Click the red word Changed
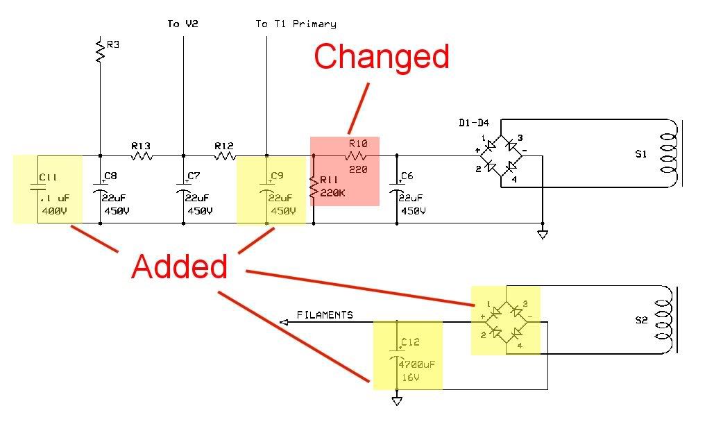coord(381,57)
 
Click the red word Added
coord(179,266)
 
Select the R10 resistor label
coord(357,144)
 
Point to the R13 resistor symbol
coord(142,156)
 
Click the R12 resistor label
coord(223,146)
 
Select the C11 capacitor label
coord(48,178)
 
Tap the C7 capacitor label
coord(194,176)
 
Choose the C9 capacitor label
coord(278,176)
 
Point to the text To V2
coord(182,24)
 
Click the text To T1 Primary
coord(296,24)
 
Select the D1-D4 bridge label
coord(474,124)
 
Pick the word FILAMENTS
coord(325,315)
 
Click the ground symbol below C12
coord(396,400)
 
